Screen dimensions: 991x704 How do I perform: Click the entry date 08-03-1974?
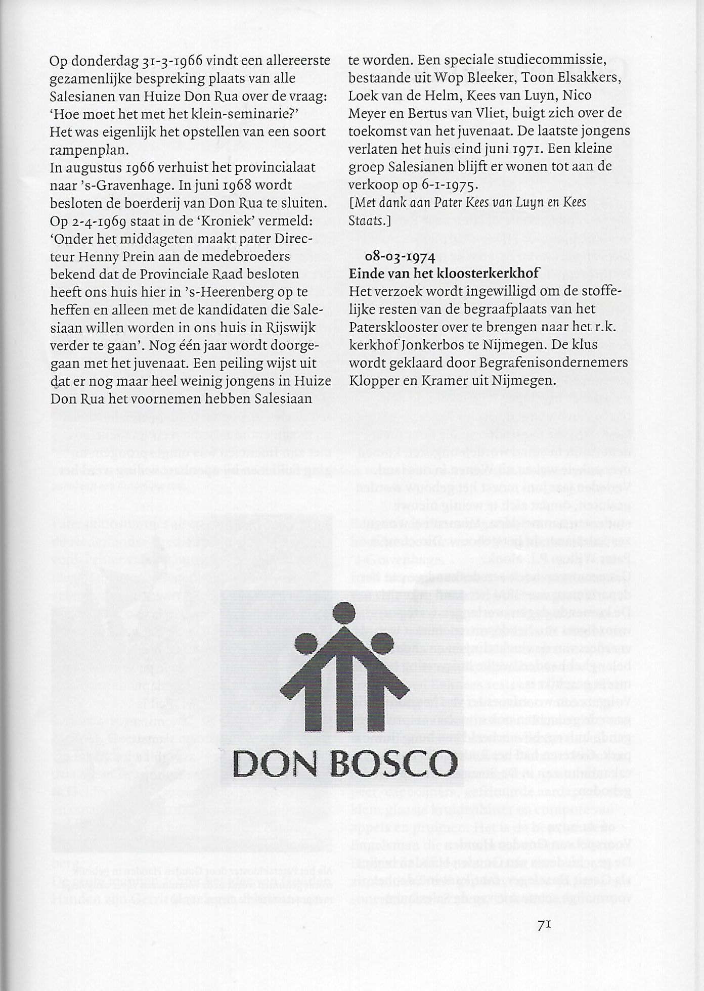(400, 257)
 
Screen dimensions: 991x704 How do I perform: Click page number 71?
(544, 925)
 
